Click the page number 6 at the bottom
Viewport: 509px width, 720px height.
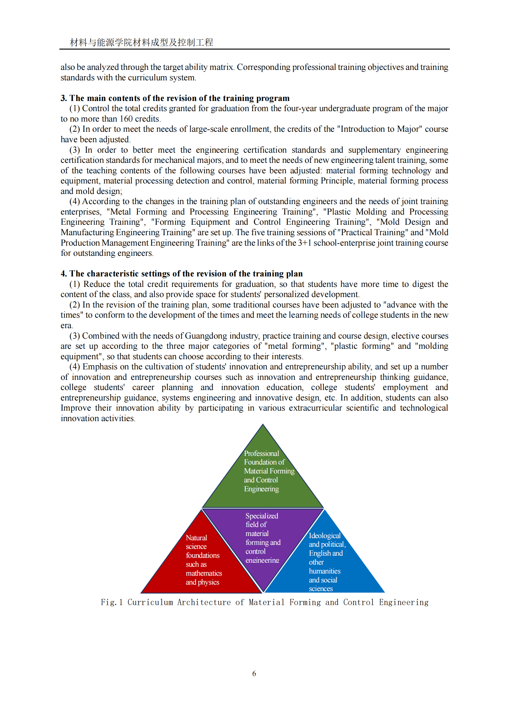tap(254, 673)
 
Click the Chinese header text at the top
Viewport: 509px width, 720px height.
tap(141, 42)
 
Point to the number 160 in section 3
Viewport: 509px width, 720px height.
tap(126, 119)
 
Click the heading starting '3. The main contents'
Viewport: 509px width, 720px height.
tap(175, 98)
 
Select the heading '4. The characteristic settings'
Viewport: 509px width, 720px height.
tap(182, 273)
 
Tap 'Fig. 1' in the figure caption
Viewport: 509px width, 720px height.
tap(112, 602)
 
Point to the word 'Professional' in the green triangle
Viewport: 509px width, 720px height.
tap(261, 453)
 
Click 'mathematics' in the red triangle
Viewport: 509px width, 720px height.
tap(204, 573)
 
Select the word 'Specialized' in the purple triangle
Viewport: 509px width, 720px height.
tap(262, 516)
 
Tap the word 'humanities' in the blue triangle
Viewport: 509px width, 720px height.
tap(325, 571)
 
